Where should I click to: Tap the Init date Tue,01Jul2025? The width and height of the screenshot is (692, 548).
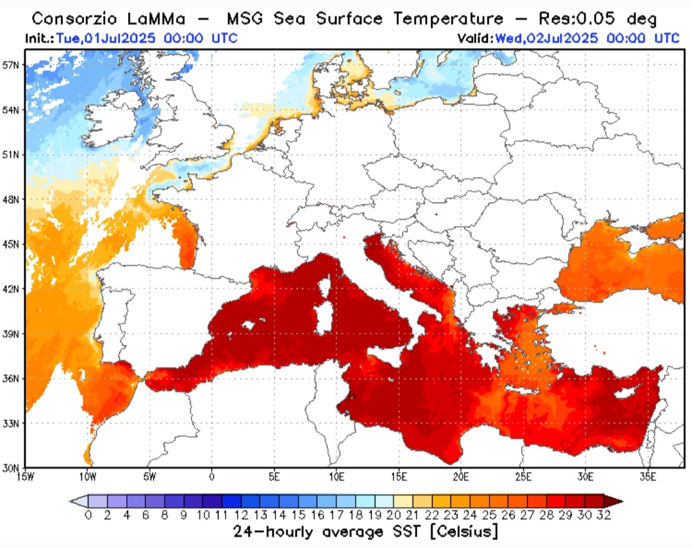[x=106, y=38]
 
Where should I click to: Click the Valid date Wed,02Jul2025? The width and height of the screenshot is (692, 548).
[x=545, y=38]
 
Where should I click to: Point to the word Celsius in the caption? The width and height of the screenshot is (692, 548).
[x=460, y=531]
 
